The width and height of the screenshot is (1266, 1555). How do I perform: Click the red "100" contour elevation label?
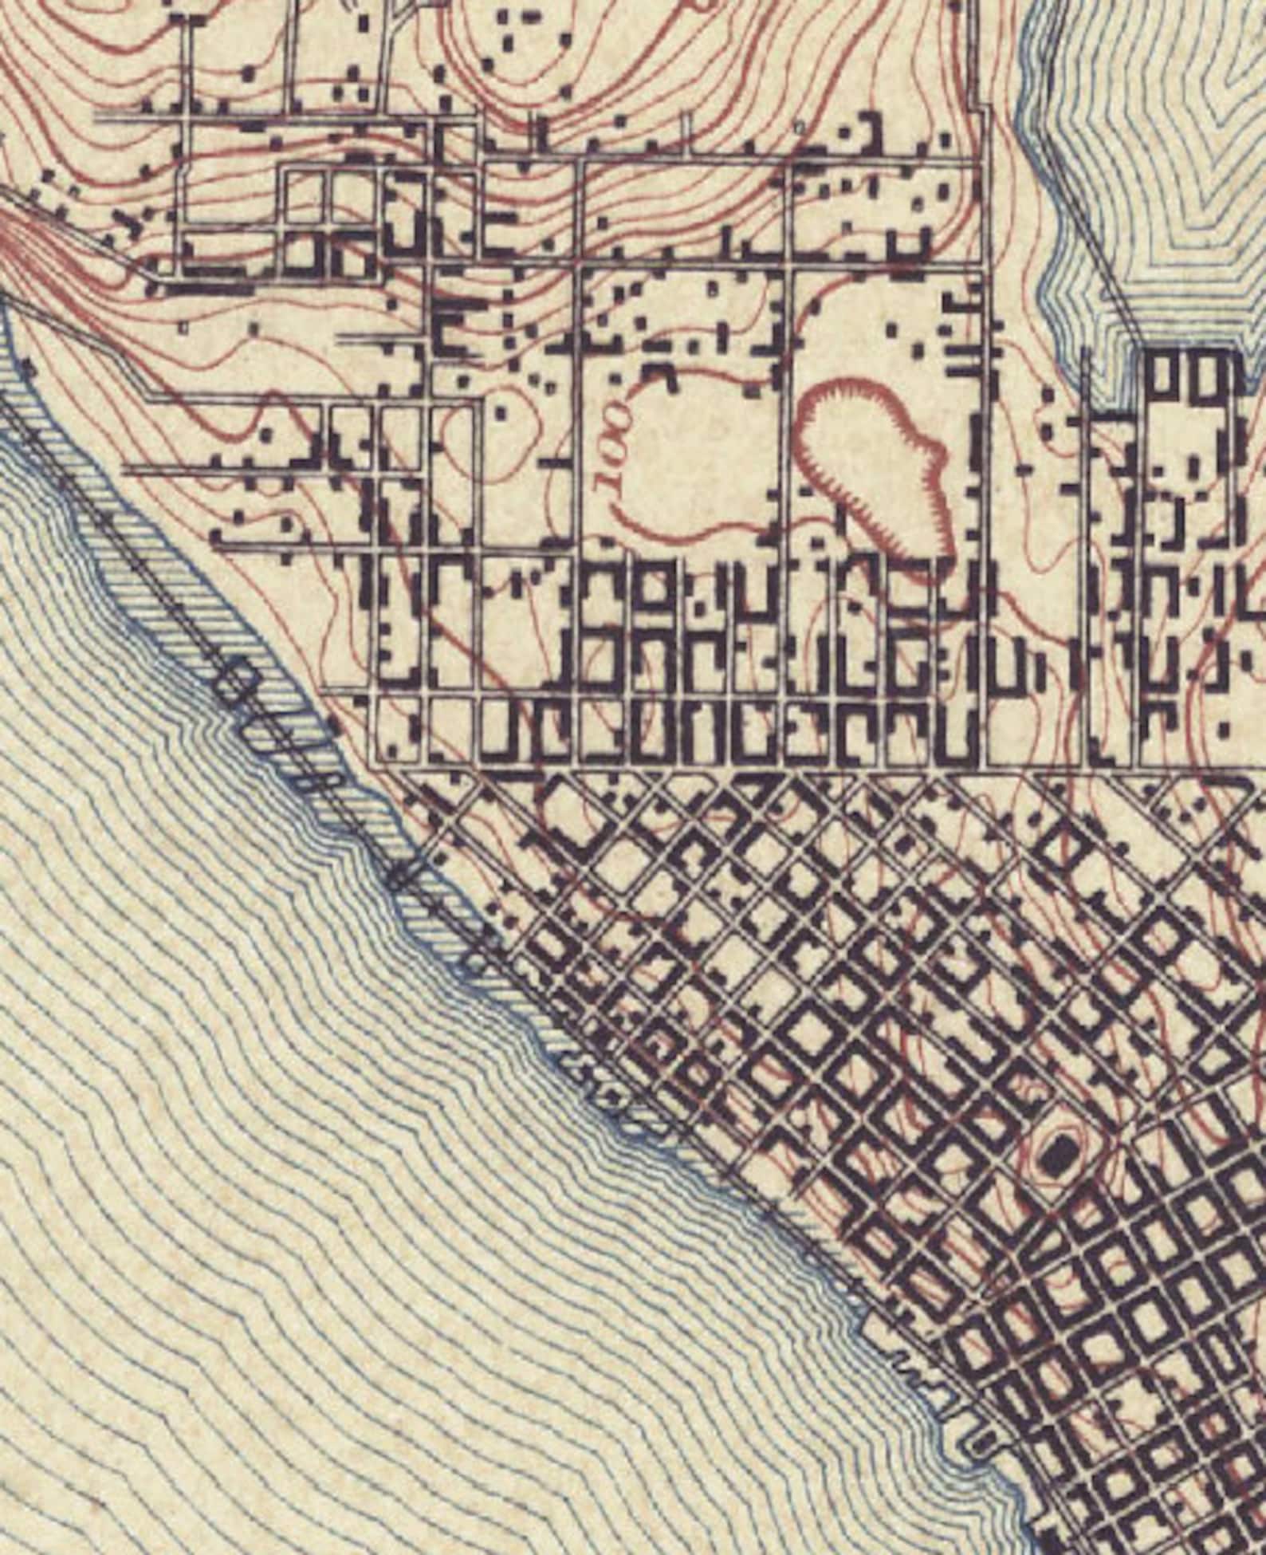(615, 443)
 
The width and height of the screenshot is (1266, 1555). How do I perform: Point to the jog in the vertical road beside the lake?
(985, 112)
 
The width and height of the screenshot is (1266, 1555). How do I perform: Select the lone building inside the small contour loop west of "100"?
(501, 412)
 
